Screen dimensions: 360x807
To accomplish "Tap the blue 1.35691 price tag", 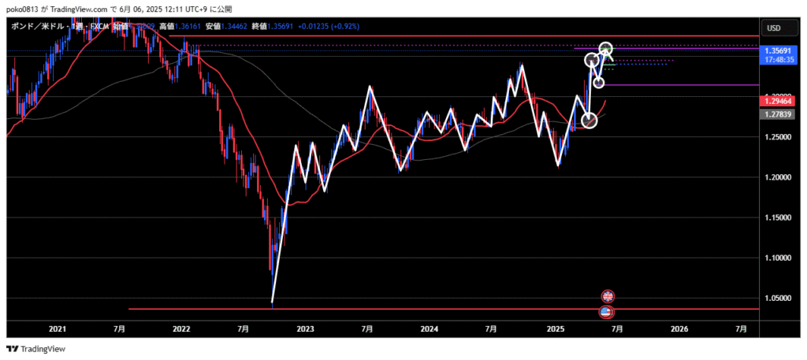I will pyautogui.click(x=778, y=50).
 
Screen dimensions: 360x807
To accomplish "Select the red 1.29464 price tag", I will pyautogui.click(x=778, y=102).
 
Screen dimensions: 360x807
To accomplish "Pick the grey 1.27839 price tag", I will pyautogui.click(x=778, y=114).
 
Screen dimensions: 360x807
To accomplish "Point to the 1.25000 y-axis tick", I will pyautogui.click(x=778, y=137).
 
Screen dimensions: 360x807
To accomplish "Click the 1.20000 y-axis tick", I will pyautogui.click(x=778, y=177).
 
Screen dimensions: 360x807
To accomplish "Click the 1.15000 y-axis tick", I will pyautogui.click(x=778, y=217).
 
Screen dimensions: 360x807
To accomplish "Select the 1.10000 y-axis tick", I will pyautogui.click(x=778, y=258).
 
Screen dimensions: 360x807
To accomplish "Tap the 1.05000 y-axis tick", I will pyautogui.click(x=778, y=298).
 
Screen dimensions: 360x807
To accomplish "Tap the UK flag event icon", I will pyautogui.click(x=608, y=296).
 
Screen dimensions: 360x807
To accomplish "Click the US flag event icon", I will pyautogui.click(x=606, y=312).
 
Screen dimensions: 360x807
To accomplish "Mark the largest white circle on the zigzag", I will pyautogui.click(x=589, y=120).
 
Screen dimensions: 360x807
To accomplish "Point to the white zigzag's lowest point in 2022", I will pyautogui.click(x=272, y=302).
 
